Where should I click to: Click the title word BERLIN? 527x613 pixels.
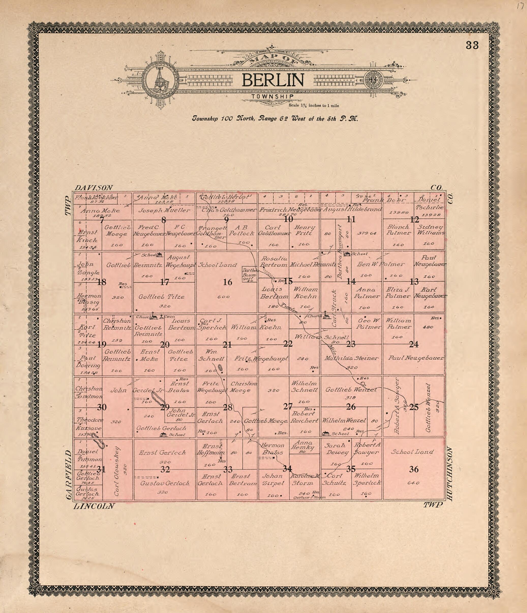click(x=273, y=80)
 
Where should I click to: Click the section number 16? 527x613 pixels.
click(x=228, y=282)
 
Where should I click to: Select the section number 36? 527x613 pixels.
click(x=414, y=469)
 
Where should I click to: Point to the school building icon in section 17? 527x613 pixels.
click(x=159, y=255)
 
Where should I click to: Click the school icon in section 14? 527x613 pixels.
click(x=347, y=254)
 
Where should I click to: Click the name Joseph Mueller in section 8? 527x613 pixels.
click(x=164, y=211)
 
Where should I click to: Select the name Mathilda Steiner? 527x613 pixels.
click(x=351, y=358)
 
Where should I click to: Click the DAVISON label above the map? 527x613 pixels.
click(x=94, y=188)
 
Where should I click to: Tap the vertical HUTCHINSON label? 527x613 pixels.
click(x=450, y=473)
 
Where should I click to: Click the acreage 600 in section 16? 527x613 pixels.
click(x=223, y=297)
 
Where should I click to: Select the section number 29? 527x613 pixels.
click(x=164, y=407)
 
